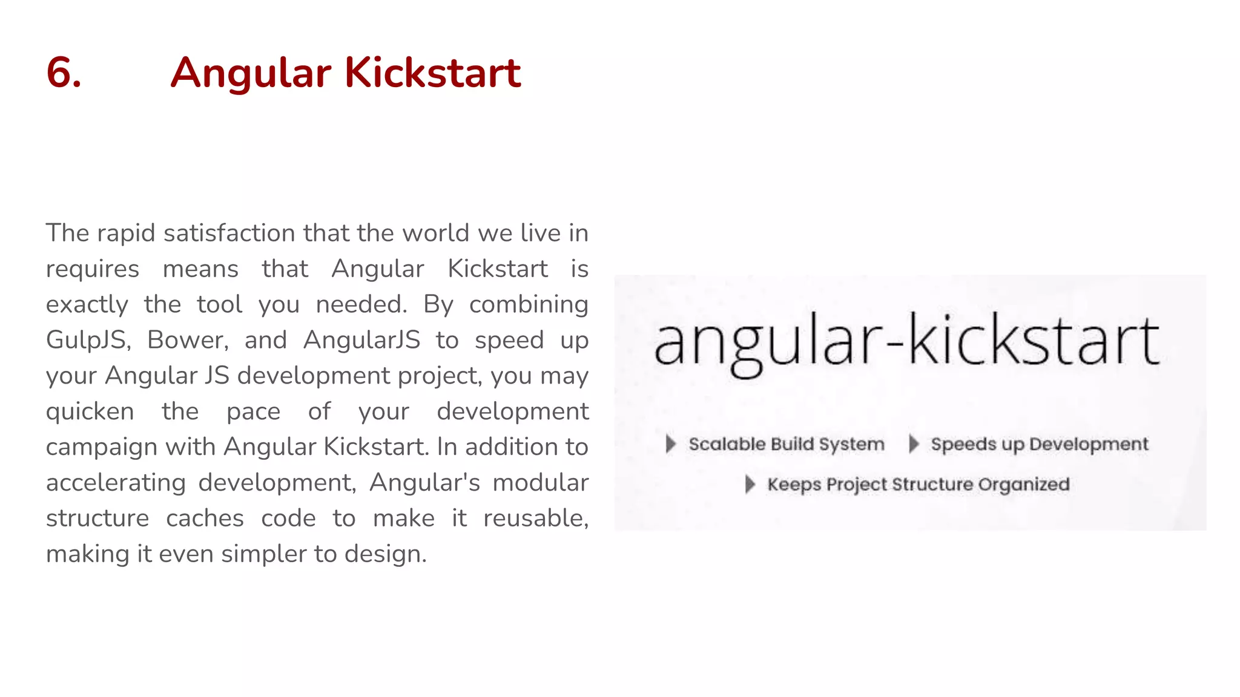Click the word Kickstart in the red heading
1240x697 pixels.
point(432,73)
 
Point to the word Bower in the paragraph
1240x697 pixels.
point(188,340)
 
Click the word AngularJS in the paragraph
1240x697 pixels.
point(361,340)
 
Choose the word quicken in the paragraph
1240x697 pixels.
point(90,412)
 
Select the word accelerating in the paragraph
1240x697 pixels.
point(116,483)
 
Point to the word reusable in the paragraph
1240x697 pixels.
point(535,519)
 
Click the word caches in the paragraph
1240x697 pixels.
point(205,519)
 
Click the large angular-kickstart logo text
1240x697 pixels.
point(906,341)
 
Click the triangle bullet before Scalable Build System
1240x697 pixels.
point(670,443)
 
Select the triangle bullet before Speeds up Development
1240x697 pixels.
point(914,443)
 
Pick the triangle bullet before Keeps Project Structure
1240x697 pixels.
point(750,484)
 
